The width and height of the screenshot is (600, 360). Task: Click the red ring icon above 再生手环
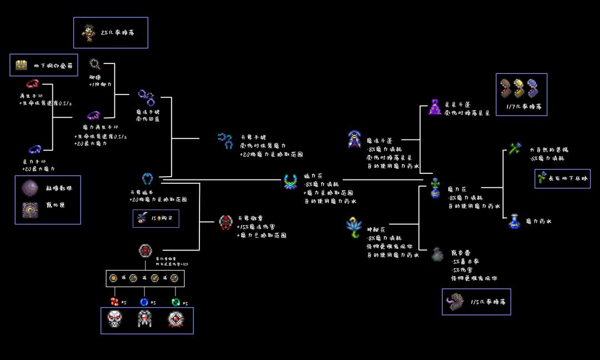coord(32,84)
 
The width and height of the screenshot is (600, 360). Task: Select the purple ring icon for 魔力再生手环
coord(93,116)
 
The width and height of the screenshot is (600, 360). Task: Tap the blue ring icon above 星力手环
coord(35,149)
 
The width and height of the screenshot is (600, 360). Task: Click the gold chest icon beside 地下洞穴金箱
coord(22,65)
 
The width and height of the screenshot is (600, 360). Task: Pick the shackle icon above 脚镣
coord(94,63)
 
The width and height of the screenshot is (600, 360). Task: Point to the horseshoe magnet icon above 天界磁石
coord(147,178)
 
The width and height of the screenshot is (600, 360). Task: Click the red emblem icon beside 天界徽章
coord(225,222)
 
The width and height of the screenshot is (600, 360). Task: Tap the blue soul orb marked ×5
coord(144,302)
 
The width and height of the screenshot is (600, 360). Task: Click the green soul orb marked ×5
coord(176,302)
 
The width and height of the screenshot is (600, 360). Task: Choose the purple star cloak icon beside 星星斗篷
coord(435,107)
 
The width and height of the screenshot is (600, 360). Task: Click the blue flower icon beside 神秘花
coord(353,227)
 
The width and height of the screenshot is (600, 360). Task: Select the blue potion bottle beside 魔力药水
coord(514,221)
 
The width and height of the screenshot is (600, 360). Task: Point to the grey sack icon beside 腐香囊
coord(437,254)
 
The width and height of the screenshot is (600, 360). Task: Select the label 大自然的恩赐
coord(549,150)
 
